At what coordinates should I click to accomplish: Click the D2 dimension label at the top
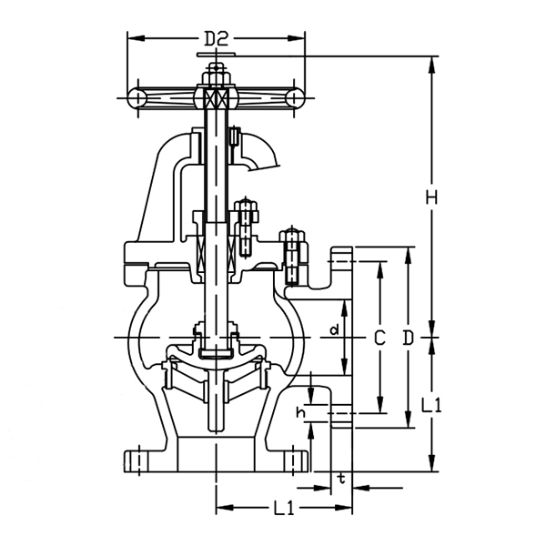(x=215, y=38)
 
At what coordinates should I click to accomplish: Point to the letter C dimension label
(x=379, y=338)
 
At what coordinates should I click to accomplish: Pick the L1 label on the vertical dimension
(x=434, y=405)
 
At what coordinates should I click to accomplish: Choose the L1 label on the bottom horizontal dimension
(x=283, y=510)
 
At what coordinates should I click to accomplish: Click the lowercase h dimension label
(x=299, y=413)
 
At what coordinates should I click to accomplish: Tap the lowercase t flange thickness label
(x=340, y=477)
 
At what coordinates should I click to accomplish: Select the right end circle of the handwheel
(x=294, y=97)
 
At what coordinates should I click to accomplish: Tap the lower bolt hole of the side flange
(x=340, y=418)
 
